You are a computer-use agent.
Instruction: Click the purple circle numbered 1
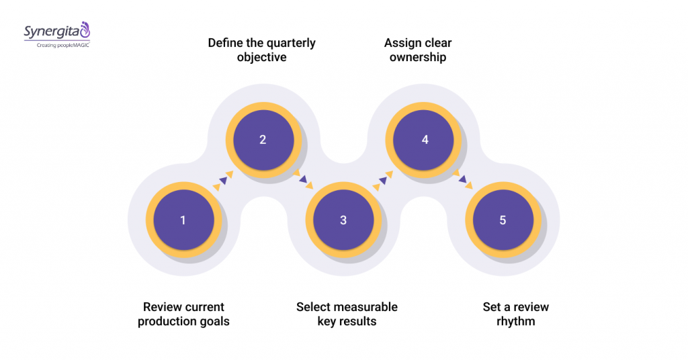[183, 220]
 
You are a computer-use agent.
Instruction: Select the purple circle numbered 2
[263, 140]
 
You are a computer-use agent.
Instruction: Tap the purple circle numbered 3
[343, 220]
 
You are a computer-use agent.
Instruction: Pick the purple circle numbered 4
[425, 140]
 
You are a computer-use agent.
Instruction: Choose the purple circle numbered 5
[503, 220]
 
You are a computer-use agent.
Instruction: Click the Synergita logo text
[50, 30]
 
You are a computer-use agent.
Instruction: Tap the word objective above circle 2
[261, 58]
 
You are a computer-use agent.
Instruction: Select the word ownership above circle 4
[418, 58]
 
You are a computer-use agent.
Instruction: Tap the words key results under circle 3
[347, 322]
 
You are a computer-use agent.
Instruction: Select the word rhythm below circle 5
[515, 322]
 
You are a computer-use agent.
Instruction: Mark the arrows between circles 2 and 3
[302, 179]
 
